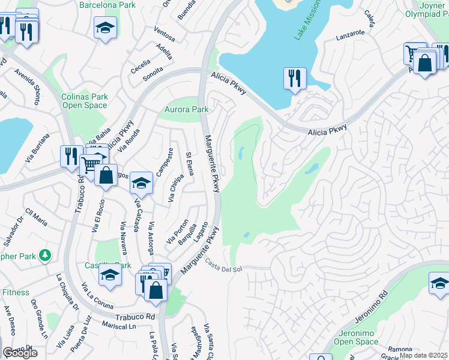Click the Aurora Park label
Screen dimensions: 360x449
pyautogui.click(x=187, y=110)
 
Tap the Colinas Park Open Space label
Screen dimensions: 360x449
pyautogui.click(x=84, y=101)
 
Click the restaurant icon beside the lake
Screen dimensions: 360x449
pyautogui.click(x=295, y=79)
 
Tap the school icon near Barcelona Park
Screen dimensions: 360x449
pyautogui.click(x=105, y=28)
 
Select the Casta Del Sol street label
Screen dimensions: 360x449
pyautogui.click(x=223, y=265)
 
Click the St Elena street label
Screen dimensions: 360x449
pyautogui.click(x=190, y=163)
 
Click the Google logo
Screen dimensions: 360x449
pyautogui.click(x=20, y=353)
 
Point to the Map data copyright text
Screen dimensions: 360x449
pyautogui.click(x=424, y=355)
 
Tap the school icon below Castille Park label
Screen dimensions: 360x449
pyautogui.click(x=110, y=275)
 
